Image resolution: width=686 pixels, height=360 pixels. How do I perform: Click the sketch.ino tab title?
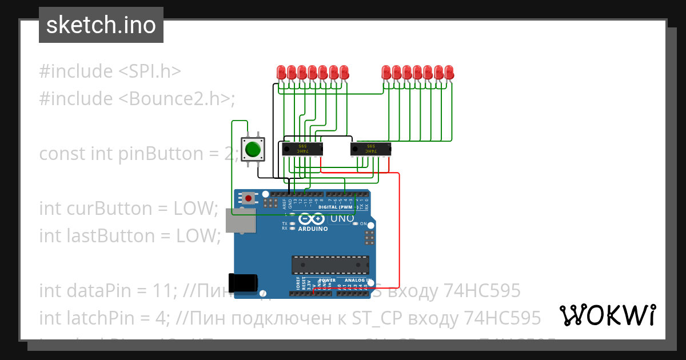pyautogui.click(x=101, y=25)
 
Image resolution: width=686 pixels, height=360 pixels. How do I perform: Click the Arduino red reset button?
pyautogui.click(x=248, y=198)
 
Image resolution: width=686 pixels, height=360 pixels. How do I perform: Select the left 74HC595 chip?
pyautogui.click(x=302, y=149)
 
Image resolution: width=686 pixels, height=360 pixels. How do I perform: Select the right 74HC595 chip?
pyautogui.click(x=370, y=149)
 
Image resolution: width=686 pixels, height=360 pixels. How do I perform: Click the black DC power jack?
pyautogui.click(x=242, y=283)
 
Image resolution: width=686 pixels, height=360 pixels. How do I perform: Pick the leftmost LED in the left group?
pyautogui.click(x=281, y=73)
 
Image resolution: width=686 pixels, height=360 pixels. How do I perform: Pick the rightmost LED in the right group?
pyautogui.click(x=449, y=73)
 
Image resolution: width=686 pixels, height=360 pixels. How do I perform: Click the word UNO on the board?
pyautogui.click(x=342, y=218)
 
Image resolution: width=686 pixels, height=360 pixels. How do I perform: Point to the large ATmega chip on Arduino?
pyautogui.click(x=330, y=265)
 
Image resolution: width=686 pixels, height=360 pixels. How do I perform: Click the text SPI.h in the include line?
pyautogui.click(x=150, y=71)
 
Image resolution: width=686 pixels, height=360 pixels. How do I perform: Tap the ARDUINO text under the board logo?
pyautogui.click(x=312, y=229)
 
